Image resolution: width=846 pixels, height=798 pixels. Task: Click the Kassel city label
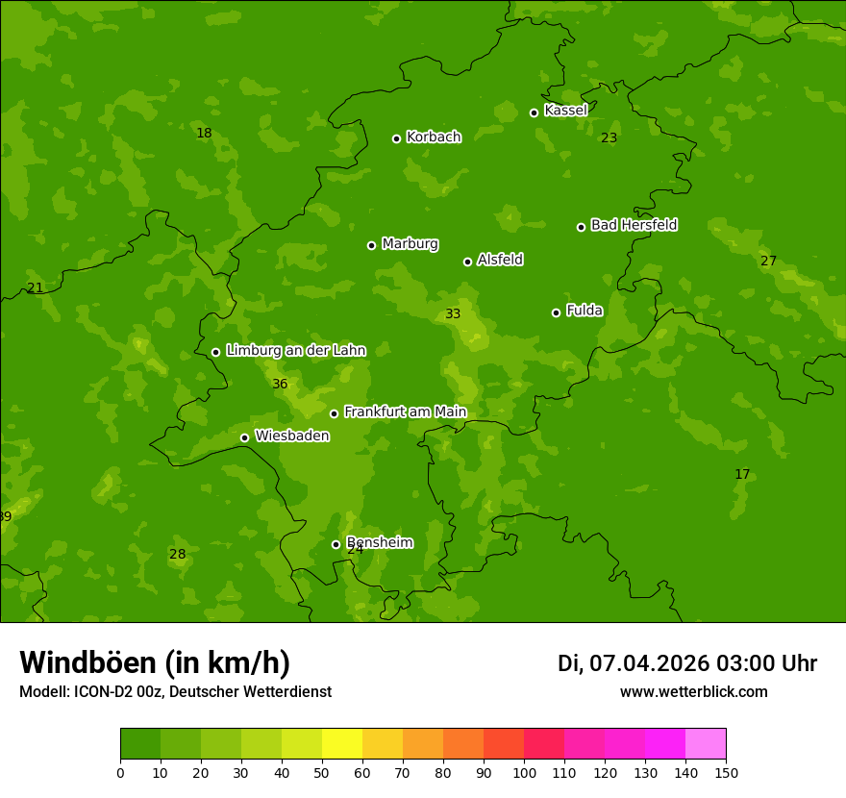(565, 111)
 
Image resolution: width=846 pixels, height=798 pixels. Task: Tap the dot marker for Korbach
(396, 138)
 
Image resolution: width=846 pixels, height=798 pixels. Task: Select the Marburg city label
(410, 244)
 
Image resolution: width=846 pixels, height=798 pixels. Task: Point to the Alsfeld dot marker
(467, 262)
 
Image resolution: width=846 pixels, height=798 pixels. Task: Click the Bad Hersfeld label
(634, 225)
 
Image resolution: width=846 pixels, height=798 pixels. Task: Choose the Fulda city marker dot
(556, 312)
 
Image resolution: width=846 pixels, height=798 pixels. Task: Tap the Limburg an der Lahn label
(295, 351)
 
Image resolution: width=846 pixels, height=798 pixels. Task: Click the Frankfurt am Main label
(405, 412)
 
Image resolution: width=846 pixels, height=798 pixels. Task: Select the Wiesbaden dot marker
(244, 437)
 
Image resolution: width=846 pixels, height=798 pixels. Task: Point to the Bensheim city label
(379, 542)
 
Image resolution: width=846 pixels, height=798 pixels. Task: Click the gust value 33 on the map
(453, 314)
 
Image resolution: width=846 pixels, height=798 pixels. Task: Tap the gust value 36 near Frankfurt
(280, 385)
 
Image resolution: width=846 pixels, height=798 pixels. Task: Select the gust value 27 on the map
(768, 262)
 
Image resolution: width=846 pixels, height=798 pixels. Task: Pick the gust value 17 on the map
(742, 475)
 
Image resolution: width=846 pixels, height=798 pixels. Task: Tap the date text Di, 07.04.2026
(633, 663)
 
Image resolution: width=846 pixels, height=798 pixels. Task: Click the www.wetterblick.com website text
(693, 692)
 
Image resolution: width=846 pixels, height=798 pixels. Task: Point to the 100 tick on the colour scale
(524, 772)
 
